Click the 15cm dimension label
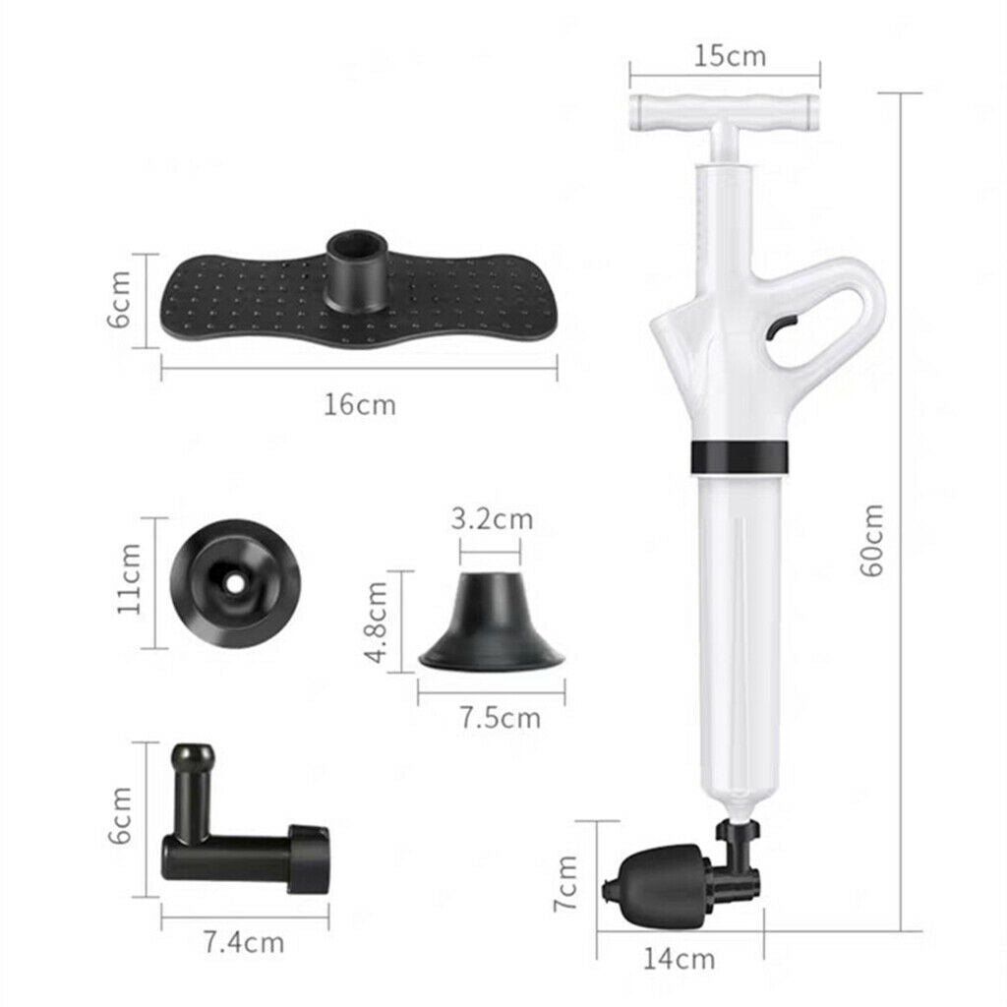coord(731,56)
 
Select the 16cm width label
coord(360,404)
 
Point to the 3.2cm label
coord(492,518)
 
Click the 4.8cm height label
coord(376,622)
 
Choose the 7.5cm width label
coord(501,717)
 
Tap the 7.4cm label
coord(244,943)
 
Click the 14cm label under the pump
coord(679,959)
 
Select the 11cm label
coord(129,578)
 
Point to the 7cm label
coord(565,882)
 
